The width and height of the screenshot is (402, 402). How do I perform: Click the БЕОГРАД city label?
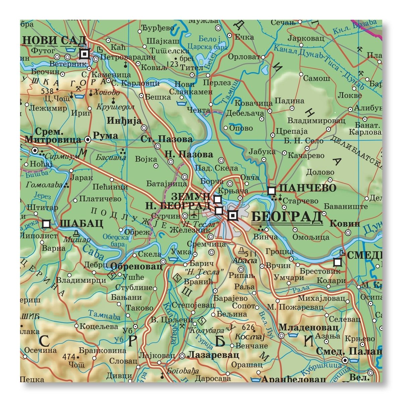click(287, 217)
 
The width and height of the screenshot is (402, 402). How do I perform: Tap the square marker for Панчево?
click(272, 191)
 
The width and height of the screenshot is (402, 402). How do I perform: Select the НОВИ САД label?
click(55, 41)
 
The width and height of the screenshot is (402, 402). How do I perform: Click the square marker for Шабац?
click(47, 223)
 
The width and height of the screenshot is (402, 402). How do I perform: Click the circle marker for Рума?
click(88, 140)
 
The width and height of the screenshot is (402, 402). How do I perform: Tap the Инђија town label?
click(124, 121)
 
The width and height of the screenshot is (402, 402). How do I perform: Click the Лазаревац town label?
click(213, 355)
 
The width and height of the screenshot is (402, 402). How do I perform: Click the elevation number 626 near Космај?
click(248, 327)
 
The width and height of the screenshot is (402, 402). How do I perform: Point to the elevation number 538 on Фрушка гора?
click(47, 91)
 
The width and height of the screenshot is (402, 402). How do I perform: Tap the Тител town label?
click(191, 67)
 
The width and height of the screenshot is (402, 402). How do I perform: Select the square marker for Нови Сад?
click(84, 54)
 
